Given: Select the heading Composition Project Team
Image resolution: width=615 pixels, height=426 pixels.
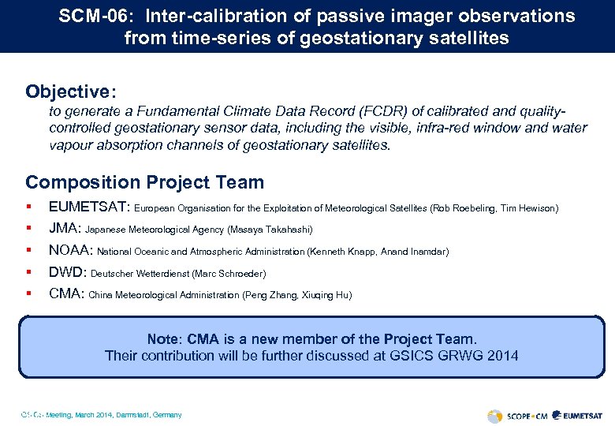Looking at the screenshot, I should (x=144, y=182).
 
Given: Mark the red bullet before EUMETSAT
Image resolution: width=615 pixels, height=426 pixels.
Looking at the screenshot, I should (x=28, y=208).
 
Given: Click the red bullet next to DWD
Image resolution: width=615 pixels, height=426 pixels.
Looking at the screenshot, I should (x=28, y=273).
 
